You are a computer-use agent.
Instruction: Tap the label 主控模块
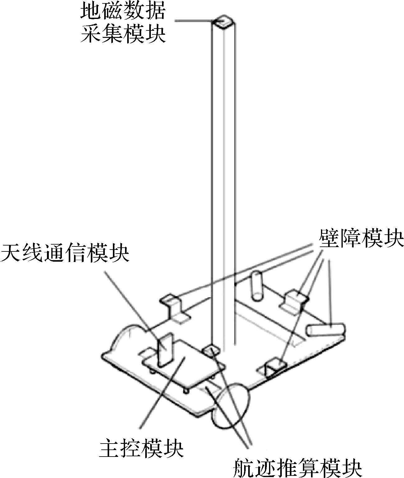141,447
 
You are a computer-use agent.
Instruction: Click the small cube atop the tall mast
224,22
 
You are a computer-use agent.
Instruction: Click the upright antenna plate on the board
165,349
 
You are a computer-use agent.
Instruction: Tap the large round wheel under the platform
232,407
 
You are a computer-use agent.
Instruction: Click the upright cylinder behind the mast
257,286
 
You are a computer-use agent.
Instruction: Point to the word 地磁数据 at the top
123,11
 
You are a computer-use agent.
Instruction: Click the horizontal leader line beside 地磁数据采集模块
193,21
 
